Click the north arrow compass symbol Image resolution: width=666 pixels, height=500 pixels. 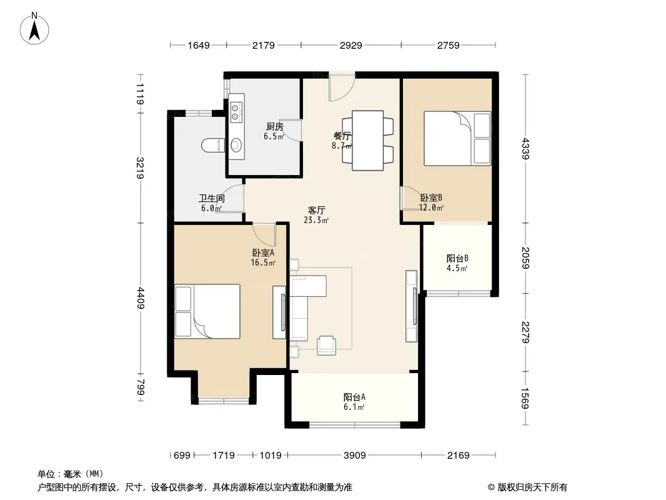tap(34, 29)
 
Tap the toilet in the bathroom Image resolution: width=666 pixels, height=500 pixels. tap(213, 145)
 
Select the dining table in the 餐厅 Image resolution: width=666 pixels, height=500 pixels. tap(368, 141)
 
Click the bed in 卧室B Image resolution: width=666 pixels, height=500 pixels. tap(457, 139)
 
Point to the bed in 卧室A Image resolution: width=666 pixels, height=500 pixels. tap(207, 311)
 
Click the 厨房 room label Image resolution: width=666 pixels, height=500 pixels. tap(274, 127)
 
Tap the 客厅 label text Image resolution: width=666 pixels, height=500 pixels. tap(316, 210)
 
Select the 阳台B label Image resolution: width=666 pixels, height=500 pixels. tap(457, 258)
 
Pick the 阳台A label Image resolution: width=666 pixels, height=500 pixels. tap(354, 397)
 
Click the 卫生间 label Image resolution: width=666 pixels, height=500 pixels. tap(212, 198)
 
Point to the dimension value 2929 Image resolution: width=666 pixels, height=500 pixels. tap(351, 45)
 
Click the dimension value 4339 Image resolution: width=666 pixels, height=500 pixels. tap(526, 148)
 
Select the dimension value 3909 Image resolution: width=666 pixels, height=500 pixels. tap(355, 456)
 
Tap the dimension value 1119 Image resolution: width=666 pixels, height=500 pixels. tap(141, 94)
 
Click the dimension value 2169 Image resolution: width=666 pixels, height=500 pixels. tap(459, 456)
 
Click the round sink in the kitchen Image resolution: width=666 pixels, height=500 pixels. tap(236, 145)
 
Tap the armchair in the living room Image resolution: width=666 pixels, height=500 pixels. tap(327, 345)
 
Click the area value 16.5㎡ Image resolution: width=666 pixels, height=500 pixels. tap(263, 262)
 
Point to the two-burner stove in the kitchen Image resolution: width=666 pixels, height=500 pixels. tap(237, 111)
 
